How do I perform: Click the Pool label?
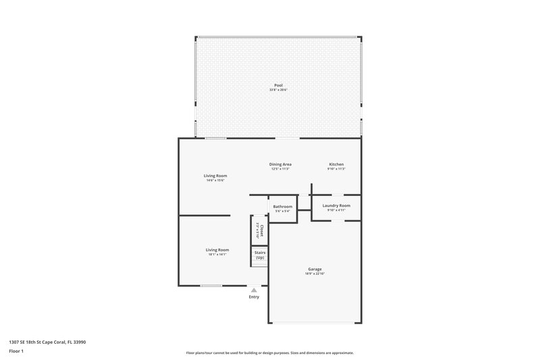pos(278,85)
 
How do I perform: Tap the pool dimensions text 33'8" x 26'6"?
pos(278,90)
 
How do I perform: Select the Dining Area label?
pos(280,164)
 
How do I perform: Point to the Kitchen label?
pos(336,164)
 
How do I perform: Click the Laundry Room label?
pos(336,205)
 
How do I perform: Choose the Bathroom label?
pos(282,207)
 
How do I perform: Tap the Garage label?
pos(315,269)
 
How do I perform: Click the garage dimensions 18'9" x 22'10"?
pos(315,274)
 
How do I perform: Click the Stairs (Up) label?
pos(260,255)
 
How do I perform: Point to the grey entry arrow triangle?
pos(254,290)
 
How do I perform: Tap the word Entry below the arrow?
pos(254,297)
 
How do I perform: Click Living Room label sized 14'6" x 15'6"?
pos(215,176)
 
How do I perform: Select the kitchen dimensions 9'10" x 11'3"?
pos(336,169)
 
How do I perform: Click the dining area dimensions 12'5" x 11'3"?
pos(280,169)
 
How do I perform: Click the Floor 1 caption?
pos(16,351)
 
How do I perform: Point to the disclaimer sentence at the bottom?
pos(269,353)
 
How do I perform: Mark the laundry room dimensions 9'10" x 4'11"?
pos(336,210)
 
